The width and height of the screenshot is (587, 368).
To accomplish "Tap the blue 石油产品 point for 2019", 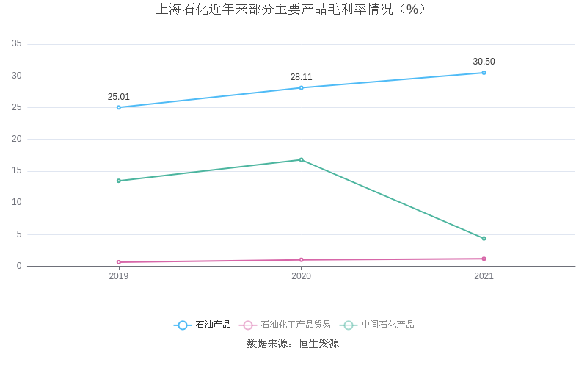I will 119,107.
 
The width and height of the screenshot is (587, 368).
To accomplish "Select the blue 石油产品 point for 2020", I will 301,88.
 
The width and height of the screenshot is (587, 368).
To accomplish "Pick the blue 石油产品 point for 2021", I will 484,73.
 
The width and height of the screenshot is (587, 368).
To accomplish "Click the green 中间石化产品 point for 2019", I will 119,181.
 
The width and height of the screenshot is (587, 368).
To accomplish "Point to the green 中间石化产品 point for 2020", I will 301,159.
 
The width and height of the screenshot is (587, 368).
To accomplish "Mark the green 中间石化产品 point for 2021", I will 484,238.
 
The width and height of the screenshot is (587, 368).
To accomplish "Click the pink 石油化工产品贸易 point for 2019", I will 119,262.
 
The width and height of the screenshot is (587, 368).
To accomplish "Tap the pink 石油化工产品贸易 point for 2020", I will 301,260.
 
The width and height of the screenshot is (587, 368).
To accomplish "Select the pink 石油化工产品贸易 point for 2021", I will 484,259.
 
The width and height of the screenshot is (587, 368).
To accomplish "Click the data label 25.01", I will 119,97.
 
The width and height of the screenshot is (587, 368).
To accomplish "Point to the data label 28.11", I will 301,77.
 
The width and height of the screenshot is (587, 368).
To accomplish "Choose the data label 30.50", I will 484,62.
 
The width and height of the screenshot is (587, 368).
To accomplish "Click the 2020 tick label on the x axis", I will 301,276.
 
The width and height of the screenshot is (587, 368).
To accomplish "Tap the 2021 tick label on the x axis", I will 484,276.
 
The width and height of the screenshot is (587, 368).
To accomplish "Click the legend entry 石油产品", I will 203,325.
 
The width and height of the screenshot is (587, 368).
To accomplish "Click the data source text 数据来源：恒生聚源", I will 293,344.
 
